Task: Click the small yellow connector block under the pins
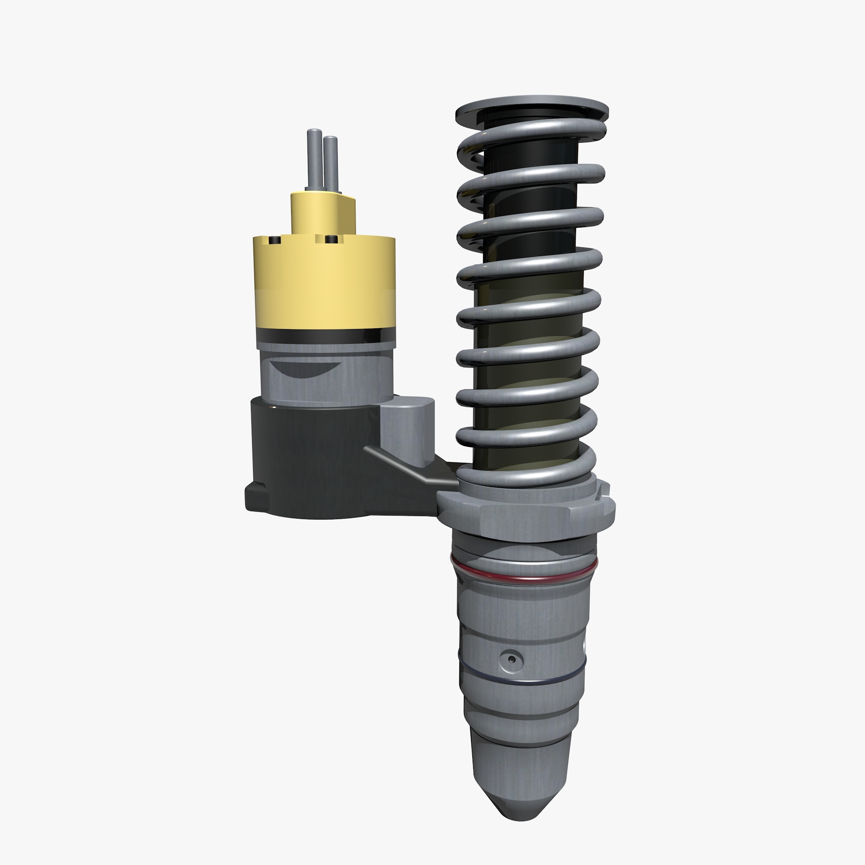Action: coord(322,213)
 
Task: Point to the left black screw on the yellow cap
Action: coord(275,241)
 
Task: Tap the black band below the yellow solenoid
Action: coord(326,335)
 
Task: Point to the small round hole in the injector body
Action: coord(511,659)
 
